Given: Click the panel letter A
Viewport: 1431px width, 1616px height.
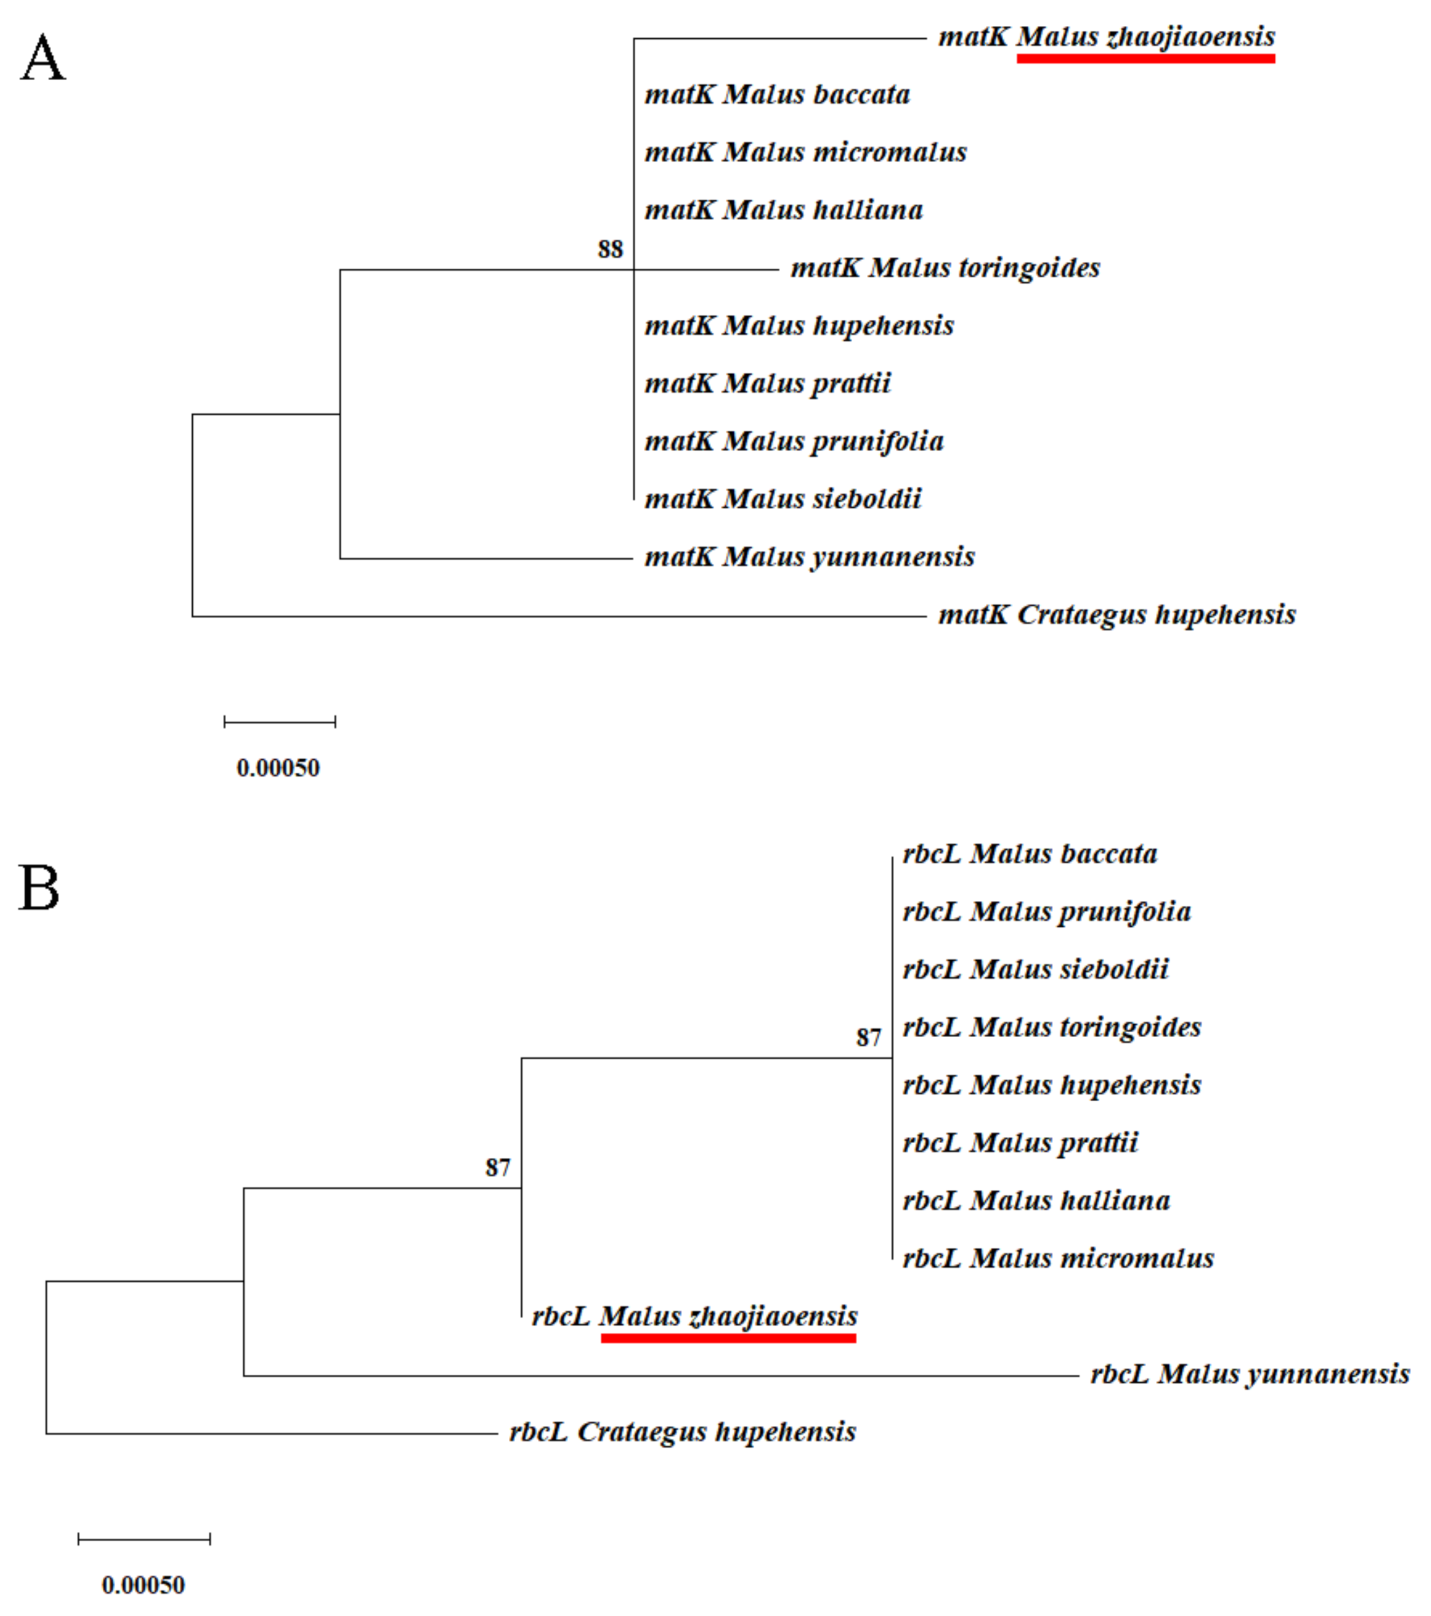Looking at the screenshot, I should (43, 59).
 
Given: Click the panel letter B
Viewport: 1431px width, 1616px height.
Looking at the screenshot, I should (39, 888).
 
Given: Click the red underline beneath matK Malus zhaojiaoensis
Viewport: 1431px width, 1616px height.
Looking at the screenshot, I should (1146, 59).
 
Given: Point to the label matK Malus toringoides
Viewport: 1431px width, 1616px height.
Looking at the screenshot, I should (945, 268).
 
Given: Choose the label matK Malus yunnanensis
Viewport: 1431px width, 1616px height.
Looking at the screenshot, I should (810, 557).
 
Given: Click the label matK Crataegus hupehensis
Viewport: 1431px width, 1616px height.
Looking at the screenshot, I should (1117, 614).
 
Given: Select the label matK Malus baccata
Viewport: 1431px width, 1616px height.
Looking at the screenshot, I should (777, 95).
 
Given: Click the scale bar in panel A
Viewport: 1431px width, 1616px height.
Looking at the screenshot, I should (280, 721).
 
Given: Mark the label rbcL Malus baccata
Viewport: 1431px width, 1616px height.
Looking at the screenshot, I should (1029, 854).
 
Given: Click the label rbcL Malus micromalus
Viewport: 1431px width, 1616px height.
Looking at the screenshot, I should (1058, 1258).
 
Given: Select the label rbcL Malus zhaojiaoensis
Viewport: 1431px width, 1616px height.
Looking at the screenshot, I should (694, 1317).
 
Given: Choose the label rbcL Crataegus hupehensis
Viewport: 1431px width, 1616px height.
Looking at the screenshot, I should (682, 1432).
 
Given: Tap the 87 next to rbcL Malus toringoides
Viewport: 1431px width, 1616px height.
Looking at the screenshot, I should (868, 1037).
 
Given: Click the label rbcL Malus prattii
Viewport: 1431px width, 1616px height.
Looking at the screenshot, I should (1020, 1143).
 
